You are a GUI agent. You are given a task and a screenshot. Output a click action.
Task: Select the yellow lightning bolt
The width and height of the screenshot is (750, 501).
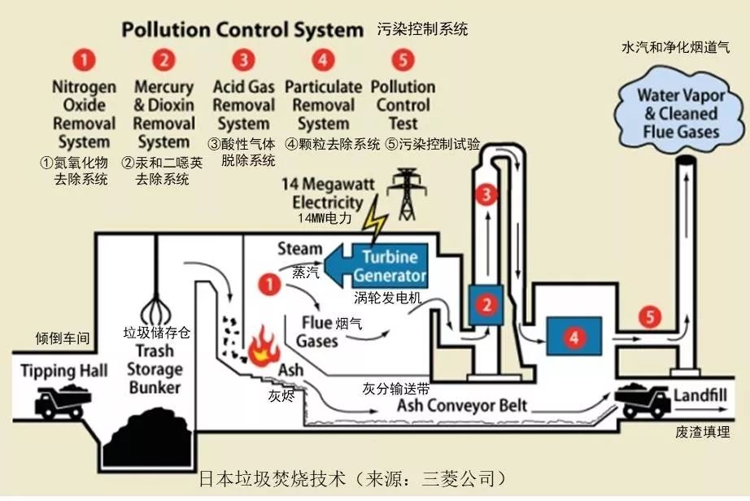pos(376,222)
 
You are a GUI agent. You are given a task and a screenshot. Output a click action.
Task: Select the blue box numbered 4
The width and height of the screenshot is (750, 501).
pos(575,337)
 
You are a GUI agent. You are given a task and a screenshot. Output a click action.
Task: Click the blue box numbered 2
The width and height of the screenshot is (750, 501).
pos(486,305)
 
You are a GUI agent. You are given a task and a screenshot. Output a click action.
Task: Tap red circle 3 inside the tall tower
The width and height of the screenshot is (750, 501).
pos(486,194)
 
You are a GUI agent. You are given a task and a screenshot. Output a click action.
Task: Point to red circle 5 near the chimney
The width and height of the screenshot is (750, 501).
pos(649,317)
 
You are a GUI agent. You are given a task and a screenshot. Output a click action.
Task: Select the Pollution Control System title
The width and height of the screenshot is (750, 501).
pos(242,30)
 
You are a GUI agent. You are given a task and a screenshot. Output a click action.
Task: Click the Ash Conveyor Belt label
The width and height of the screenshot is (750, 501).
pos(461,404)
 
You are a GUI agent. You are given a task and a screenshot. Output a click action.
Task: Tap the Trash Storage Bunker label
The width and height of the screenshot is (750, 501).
pos(155,368)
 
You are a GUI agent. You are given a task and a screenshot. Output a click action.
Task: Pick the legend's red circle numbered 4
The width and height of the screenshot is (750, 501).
pos(324,60)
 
